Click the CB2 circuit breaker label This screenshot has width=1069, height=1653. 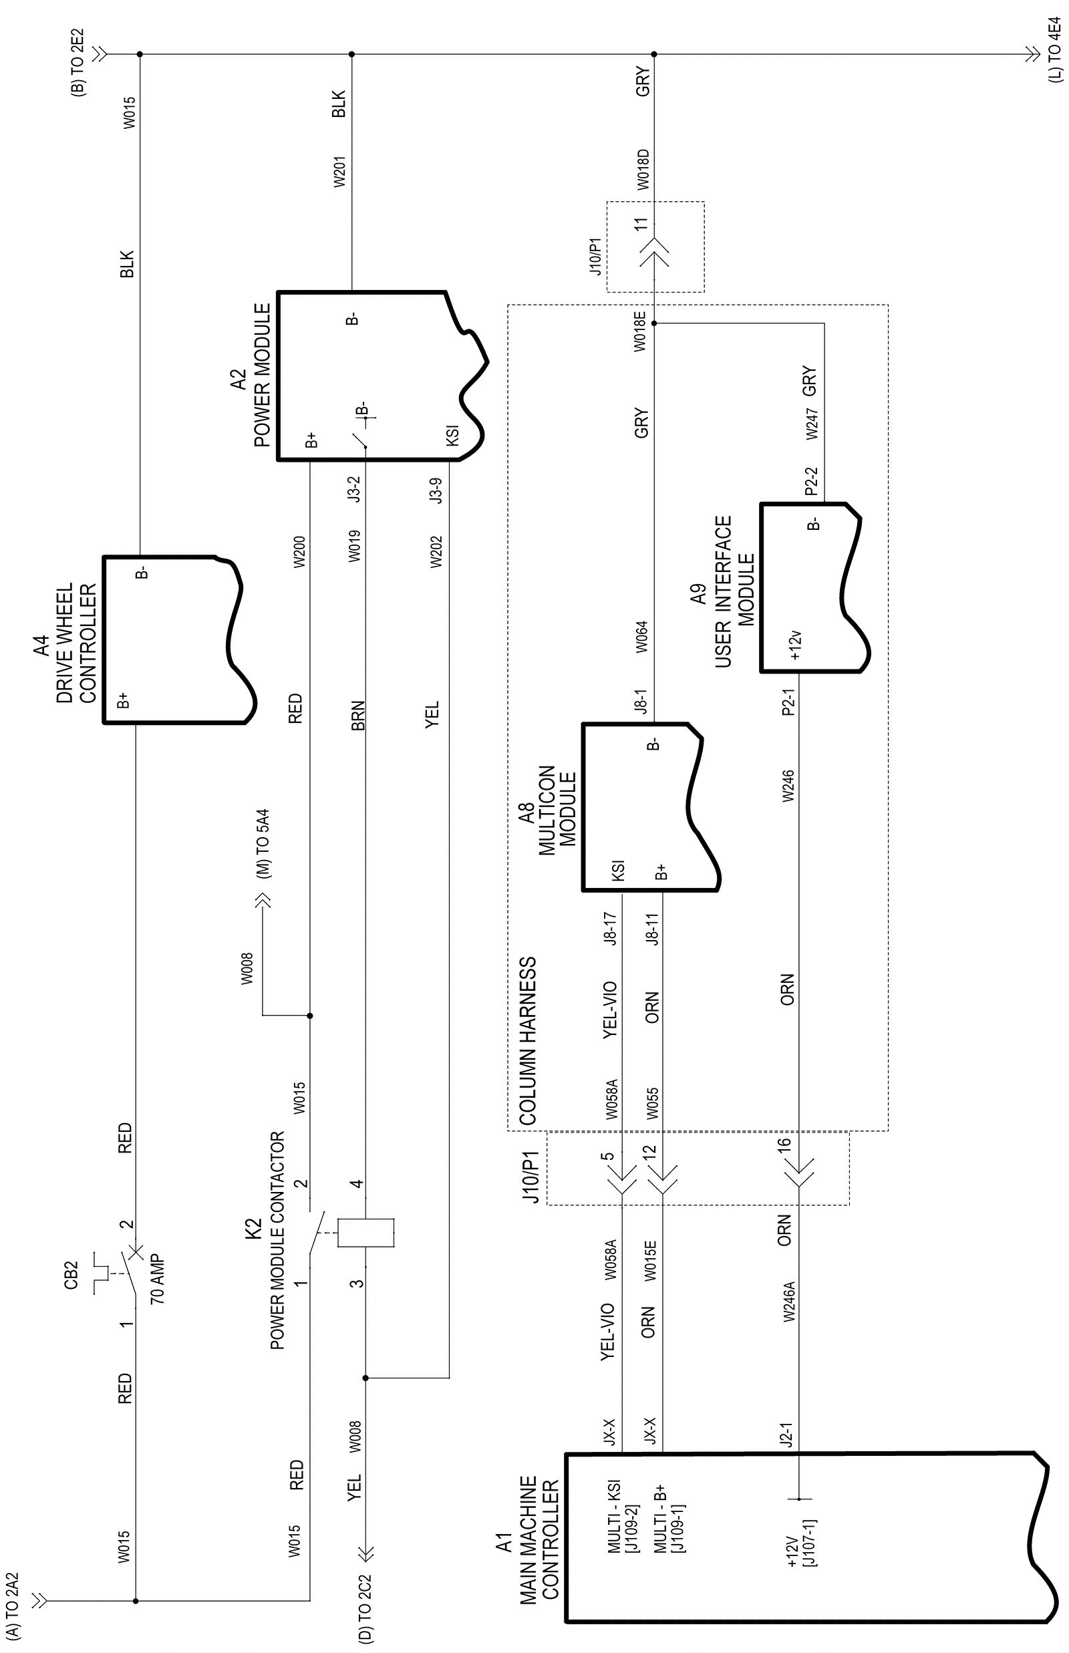tap(71, 1275)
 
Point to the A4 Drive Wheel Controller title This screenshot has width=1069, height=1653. tap(65, 643)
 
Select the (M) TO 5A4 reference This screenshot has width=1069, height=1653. tap(264, 843)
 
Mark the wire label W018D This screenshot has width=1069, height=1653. tap(643, 168)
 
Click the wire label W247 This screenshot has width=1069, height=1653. tap(812, 424)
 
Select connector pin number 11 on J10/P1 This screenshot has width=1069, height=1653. tap(640, 224)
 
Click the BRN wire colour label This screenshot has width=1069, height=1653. tap(357, 716)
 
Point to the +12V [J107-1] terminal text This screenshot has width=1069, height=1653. tap(800, 1543)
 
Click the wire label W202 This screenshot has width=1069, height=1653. tap(436, 551)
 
